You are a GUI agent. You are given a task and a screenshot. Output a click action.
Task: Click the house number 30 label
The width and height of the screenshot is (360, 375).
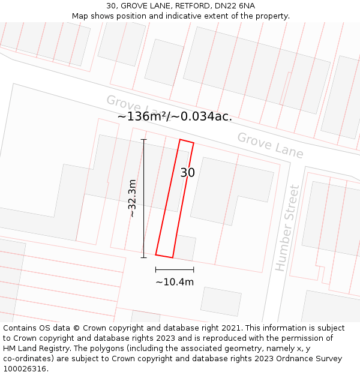click(187, 173)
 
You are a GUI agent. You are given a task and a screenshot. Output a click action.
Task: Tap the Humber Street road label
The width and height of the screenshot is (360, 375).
click(287, 228)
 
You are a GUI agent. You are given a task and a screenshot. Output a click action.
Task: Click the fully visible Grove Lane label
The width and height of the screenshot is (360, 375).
click(270, 145)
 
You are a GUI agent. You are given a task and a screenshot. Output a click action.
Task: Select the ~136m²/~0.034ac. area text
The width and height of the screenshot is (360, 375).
click(175, 116)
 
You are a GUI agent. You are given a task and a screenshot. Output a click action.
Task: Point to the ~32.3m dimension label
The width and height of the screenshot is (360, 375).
click(133, 198)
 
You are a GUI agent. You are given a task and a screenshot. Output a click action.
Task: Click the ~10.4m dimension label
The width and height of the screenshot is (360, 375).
click(175, 282)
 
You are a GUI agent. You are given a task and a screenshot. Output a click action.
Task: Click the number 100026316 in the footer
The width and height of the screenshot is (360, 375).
click(25, 368)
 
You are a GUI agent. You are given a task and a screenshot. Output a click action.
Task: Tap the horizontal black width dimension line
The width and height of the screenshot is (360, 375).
click(175, 269)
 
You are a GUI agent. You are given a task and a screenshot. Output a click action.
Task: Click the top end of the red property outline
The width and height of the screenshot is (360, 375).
click(187, 142)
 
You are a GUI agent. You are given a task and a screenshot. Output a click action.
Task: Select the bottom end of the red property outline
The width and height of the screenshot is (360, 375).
click(164, 256)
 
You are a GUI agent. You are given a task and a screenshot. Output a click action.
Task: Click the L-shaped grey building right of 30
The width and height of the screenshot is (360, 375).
click(228, 186)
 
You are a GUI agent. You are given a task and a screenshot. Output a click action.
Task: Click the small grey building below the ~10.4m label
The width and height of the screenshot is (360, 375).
click(220, 301)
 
